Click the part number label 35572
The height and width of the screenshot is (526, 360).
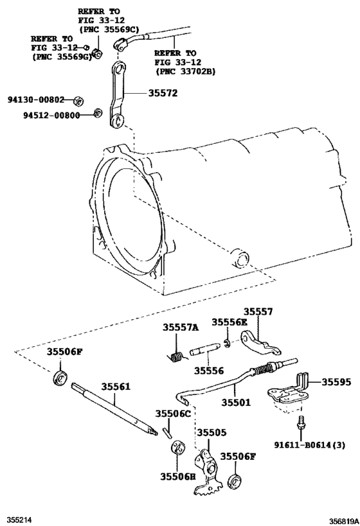coord(163,93)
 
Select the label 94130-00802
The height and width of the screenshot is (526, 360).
coord(37,100)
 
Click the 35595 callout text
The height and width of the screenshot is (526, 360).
coord(336,381)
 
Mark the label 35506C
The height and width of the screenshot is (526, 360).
coord(173,414)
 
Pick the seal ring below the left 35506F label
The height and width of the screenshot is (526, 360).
coord(60,378)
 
